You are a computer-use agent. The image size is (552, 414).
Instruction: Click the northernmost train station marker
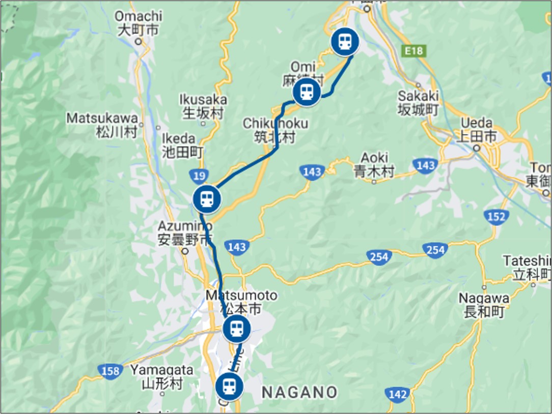pyautogui.click(x=345, y=42)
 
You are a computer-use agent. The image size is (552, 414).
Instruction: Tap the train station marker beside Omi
pyautogui.click(x=307, y=92)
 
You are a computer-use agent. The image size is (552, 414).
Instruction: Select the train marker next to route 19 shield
pyautogui.click(x=207, y=199)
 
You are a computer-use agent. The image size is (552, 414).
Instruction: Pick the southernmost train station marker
pyautogui.click(x=229, y=386)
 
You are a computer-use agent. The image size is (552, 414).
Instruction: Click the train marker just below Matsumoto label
pyautogui.click(x=237, y=329)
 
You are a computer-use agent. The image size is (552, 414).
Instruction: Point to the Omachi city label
pyautogui.click(x=139, y=23)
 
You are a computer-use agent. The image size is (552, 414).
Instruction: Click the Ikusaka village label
pyautogui.click(x=203, y=106)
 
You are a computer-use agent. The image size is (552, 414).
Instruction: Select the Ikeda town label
pyautogui.click(x=182, y=145)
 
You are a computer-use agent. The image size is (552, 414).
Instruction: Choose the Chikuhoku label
pyautogui.click(x=275, y=130)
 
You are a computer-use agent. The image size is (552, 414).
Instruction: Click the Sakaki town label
pyautogui.click(x=418, y=102)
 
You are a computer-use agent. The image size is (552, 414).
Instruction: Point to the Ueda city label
pyautogui.click(x=478, y=130)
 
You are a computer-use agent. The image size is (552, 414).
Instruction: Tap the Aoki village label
pyautogui.click(x=374, y=165)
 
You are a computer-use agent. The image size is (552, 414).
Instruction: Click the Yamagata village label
pyautogui.click(x=162, y=376)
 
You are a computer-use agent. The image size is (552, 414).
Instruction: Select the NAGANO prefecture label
pyautogui.click(x=299, y=392)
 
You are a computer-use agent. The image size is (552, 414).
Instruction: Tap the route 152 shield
pyautogui.click(x=496, y=217)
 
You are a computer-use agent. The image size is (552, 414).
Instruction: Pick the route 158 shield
pyautogui.click(x=111, y=371)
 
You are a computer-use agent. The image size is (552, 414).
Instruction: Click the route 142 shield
pyautogui.click(x=397, y=394)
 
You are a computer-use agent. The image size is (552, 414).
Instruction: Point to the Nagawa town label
pyautogui.click(x=484, y=305)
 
